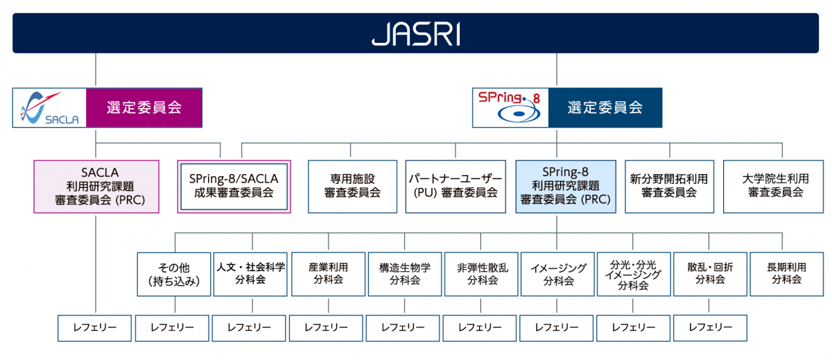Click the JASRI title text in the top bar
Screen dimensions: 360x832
pos(415,33)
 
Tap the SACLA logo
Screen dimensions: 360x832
pos(49,108)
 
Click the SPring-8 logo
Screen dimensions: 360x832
pos(510,108)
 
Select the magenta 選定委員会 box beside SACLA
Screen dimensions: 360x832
pos(144,108)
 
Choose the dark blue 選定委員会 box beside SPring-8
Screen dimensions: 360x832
pos(605,108)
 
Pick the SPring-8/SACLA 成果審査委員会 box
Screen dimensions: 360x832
pos(234,187)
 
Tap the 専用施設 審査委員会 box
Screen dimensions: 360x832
pos(352,187)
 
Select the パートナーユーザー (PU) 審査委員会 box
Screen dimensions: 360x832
pos(456,187)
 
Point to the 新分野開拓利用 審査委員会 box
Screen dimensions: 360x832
pos(669,187)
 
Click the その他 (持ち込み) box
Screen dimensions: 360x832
pos(174,274)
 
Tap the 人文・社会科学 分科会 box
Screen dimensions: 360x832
pos(251,274)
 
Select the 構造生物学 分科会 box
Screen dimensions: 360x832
pos(405,274)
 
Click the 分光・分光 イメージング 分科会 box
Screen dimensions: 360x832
pos(633,274)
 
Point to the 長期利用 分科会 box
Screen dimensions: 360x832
pos(786,274)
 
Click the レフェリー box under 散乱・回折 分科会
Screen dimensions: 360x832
pos(710,327)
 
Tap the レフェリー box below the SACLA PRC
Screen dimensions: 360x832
pos(94,327)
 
